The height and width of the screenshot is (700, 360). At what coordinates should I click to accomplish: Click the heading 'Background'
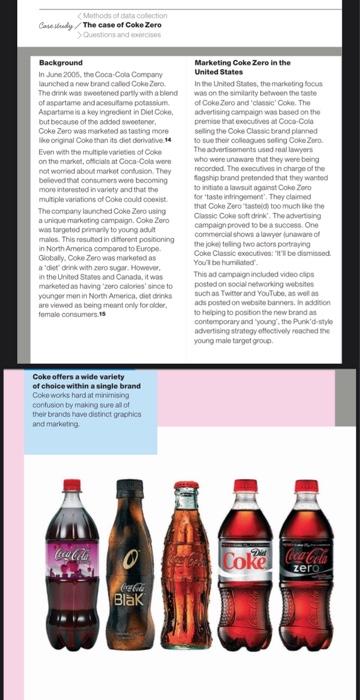click(x=59, y=62)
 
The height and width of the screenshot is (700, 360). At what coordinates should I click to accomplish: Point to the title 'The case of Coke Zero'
click(x=122, y=25)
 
